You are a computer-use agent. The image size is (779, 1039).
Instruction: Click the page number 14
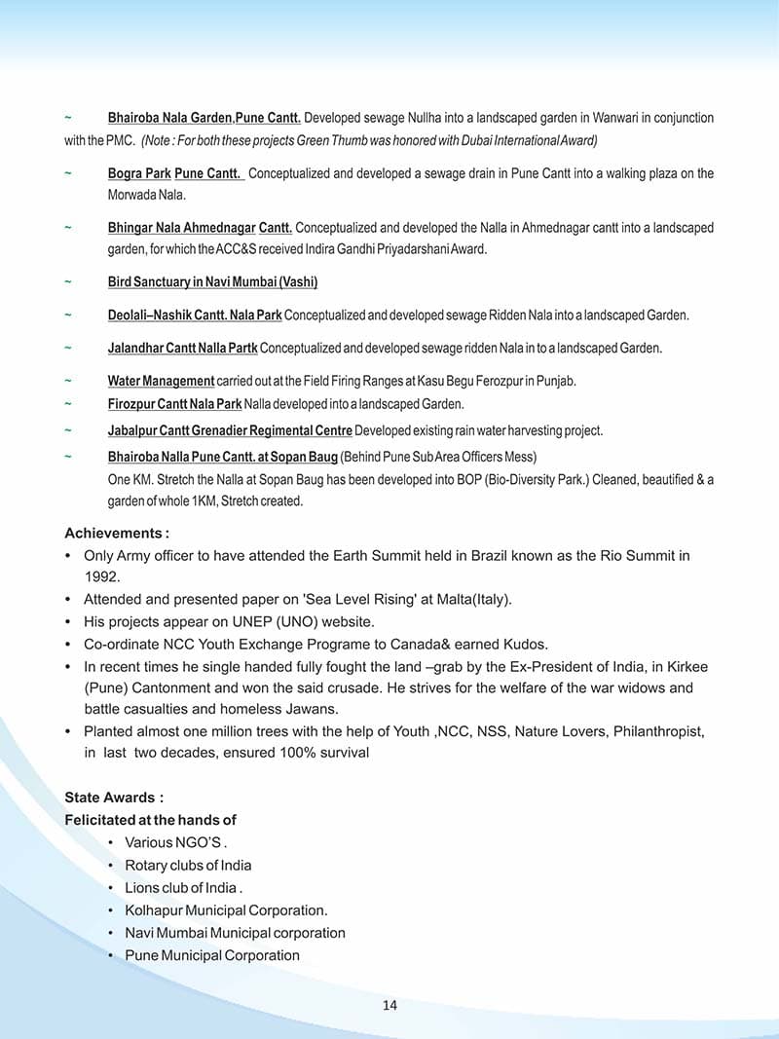pos(389,1005)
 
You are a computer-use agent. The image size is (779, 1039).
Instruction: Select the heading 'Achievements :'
pos(117,534)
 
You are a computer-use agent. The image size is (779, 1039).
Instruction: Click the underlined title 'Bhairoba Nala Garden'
pos(169,118)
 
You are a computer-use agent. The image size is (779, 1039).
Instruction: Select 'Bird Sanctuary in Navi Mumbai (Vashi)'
pos(212,282)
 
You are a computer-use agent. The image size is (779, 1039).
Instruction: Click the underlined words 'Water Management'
pos(161,381)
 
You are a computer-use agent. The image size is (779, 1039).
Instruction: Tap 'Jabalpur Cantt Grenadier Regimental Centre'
pos(230,430)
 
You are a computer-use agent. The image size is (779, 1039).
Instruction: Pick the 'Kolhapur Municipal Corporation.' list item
pos(226,910)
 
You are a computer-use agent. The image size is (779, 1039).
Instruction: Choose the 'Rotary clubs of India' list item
pos(188,865)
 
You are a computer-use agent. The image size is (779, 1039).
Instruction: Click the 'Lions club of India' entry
pos(181,888)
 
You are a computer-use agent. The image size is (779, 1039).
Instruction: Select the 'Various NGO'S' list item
pos(175,842)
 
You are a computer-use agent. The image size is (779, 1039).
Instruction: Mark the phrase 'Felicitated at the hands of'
pos(150,820)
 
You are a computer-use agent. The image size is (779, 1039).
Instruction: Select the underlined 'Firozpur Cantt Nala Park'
pos(174,403)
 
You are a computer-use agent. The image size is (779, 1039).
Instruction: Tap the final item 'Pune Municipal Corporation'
pos(212,955)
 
